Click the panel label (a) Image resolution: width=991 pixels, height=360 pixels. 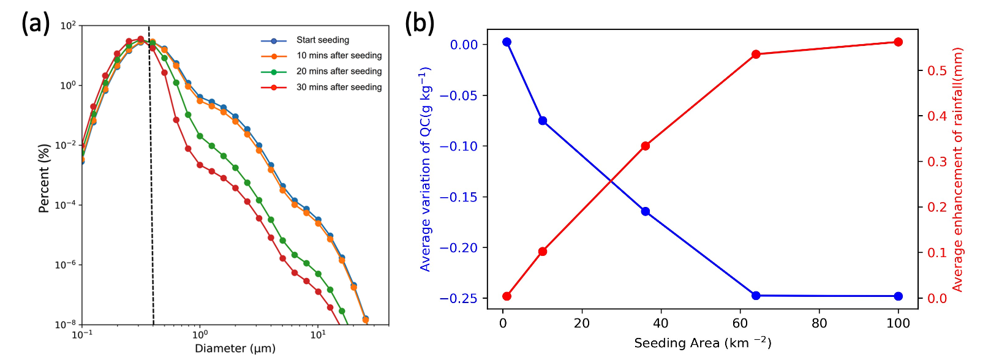36,23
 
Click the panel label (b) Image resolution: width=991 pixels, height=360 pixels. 420,23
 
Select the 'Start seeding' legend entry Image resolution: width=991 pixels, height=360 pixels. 323,40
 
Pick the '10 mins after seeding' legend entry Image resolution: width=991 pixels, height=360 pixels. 339,56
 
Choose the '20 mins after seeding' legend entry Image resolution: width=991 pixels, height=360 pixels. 339,72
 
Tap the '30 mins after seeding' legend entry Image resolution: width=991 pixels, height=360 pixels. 339,88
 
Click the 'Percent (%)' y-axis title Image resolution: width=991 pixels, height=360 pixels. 43,179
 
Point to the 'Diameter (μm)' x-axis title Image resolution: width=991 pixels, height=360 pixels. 235,348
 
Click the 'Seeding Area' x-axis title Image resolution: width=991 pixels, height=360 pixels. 703,343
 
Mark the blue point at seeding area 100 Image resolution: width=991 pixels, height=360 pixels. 899,296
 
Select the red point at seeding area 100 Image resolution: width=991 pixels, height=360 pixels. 899,42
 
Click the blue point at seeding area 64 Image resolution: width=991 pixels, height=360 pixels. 756,296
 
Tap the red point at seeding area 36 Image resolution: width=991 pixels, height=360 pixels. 646,146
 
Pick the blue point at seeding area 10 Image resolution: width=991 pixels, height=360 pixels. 543,121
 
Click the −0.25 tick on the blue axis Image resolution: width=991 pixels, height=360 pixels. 458,299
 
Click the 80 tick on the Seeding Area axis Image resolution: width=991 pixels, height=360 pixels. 820,323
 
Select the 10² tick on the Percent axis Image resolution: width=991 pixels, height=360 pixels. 68,26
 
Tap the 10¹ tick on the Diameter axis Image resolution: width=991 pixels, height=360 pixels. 318,335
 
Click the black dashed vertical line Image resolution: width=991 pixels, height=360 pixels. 151,184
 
